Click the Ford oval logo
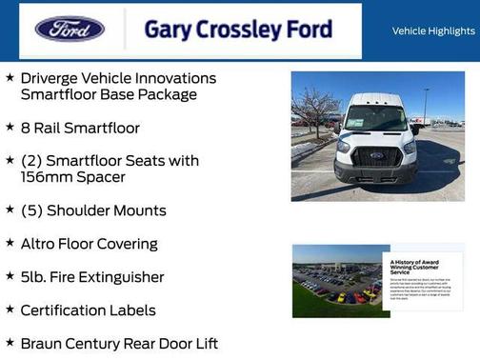[x=70, y=30]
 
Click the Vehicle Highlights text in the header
[x=433, y=31]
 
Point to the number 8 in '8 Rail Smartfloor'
[x=25, y=128]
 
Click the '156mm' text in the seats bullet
[x=45, y=177]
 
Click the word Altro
[x=41, y=244]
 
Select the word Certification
[x=66, y=310]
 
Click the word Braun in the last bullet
[x=44, y=343]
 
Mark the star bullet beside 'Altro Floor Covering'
[x=10, y=244]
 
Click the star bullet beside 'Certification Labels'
[x=10, y=310]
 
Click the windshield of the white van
[x=376, y=119]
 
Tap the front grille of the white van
[x=377, y=158]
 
